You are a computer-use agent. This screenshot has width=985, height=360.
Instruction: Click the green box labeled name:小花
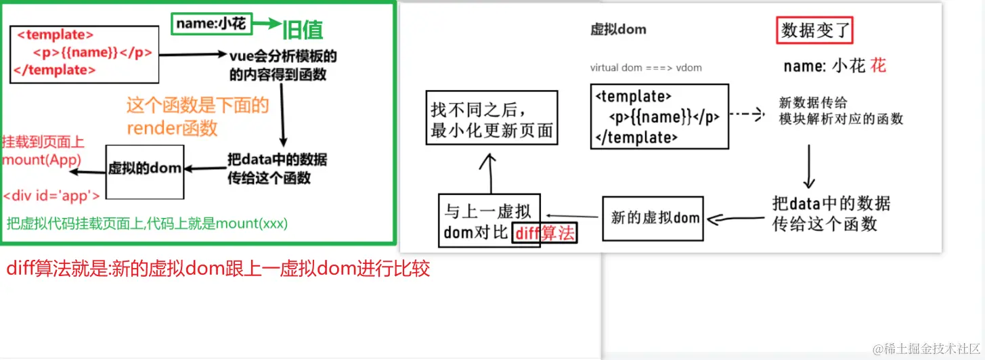pyautogui.click(x=211, y=24)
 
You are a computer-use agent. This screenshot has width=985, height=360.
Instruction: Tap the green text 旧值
pyautogui.click(x=302, y=29)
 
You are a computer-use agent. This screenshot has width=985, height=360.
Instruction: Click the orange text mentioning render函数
pyautogui.click(x=197, y=116)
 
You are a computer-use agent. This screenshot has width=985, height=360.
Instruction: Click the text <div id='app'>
pyautogui.click(x=51, y=196)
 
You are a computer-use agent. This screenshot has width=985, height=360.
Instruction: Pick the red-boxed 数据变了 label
pyautogui.click(x=815, y=30)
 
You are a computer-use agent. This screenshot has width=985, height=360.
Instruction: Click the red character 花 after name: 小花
pyautogui.click(x=878, y=66)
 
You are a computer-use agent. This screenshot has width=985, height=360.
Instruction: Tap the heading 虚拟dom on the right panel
pyautogui.click(x=618, y=29)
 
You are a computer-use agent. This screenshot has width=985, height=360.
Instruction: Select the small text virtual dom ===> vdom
pyautogui.click(x=646, y=68)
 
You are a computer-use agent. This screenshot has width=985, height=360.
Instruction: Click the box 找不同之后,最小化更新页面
pyautogui.click(x=492, y=118)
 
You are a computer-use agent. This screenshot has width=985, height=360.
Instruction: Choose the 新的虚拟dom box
pyautogui.click(x=653, y=218)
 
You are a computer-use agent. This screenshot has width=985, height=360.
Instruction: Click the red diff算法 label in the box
pyautogui.click(x=545, y=234)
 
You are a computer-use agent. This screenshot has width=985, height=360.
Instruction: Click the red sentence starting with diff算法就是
pyautogui.click(x=218, y=269)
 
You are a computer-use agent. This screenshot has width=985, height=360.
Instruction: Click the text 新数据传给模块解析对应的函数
pyautogui.click(x=841, y=111)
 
